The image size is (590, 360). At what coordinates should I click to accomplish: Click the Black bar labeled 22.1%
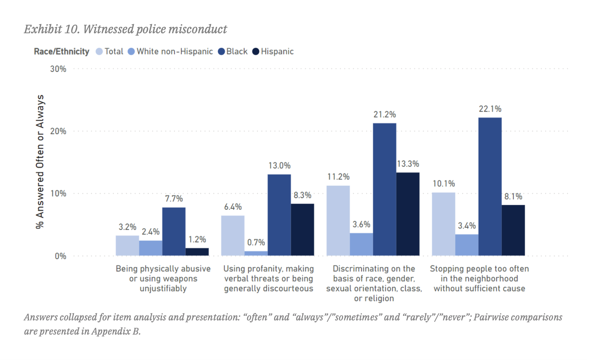pos(490,186)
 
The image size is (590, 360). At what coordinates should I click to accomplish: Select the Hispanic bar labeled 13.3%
pos(407,214)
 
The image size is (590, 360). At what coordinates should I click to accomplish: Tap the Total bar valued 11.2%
pos(338,221)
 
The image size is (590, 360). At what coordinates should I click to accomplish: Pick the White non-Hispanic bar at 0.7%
pos(256,253)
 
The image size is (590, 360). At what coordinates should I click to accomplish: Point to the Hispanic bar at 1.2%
pos(197,252)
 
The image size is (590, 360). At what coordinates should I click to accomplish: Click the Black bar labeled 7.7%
pos(174,232)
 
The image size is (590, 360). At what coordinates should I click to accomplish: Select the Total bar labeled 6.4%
pos(233,236)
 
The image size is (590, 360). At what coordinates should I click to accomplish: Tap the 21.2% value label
pos(384,115)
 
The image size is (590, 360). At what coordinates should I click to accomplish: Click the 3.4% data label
pos(467,226)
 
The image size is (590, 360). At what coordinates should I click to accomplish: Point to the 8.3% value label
pos(302,195)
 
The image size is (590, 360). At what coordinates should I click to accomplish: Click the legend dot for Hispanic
pos(256,52)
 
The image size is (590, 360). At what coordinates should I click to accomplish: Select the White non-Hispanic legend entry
pos(171,52)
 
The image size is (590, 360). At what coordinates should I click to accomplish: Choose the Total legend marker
pos(99,52)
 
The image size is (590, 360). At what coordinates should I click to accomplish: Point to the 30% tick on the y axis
pos(58,69)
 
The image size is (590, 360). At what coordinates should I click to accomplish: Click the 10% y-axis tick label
pos(58,193)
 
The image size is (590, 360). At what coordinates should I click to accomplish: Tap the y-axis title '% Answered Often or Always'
pos(40,162)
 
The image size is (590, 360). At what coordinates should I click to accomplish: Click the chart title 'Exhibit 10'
pos(125,29)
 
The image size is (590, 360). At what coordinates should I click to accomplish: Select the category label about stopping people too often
pos(479,279)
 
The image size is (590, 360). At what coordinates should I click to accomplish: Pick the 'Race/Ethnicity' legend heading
pos(62,52)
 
